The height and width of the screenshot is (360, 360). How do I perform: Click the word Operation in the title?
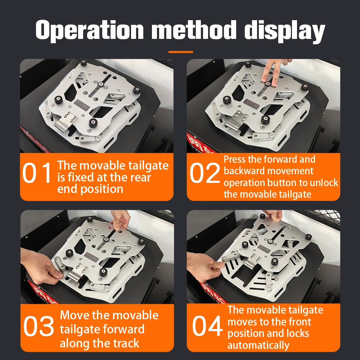click(90, 31)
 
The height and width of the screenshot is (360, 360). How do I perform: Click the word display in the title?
click(284, 31)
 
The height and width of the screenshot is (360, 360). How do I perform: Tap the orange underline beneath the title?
click(181, 52)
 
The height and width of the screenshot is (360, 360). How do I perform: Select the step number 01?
click(37, 173)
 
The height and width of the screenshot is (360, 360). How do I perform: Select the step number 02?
click(205, 173)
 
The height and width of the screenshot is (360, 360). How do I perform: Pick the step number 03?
click(39, 326)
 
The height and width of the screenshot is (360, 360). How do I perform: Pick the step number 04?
click(207, 326)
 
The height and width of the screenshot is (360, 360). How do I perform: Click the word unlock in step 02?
click(324, 183)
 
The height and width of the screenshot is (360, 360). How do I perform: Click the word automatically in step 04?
click(258, 345)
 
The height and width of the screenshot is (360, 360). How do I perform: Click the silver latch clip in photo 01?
click(66, 122)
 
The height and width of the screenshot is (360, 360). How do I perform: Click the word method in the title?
click(194, 31)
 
